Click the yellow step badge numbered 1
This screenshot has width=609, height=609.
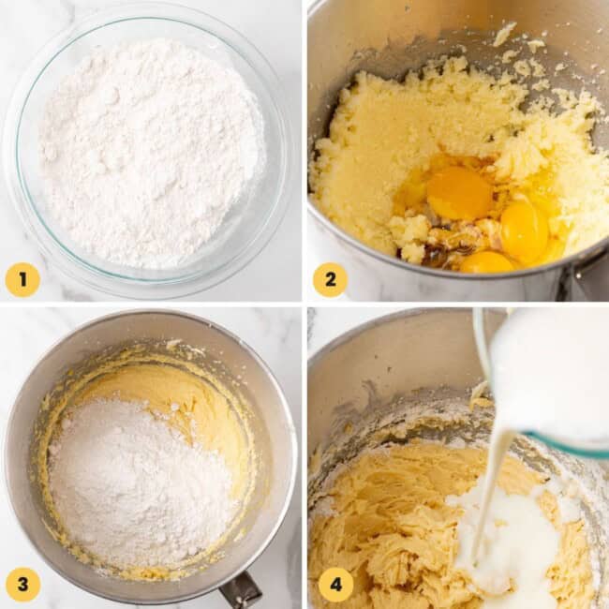tap(22, 279)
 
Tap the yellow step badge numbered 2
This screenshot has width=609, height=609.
tap(330, 279)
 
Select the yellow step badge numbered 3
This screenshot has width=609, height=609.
tap(22, 585)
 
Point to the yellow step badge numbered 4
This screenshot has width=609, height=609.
tap(335, 585)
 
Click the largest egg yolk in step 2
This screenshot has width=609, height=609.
tap(459, 193)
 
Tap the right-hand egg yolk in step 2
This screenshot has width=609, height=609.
tap(524, 230)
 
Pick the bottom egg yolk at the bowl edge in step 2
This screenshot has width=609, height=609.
tap(485, 262)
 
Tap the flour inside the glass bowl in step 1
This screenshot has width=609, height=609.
tap(150, 150)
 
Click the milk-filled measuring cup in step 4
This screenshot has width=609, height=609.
tap(553, 375)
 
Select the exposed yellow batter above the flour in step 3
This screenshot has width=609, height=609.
tap(187, 394)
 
